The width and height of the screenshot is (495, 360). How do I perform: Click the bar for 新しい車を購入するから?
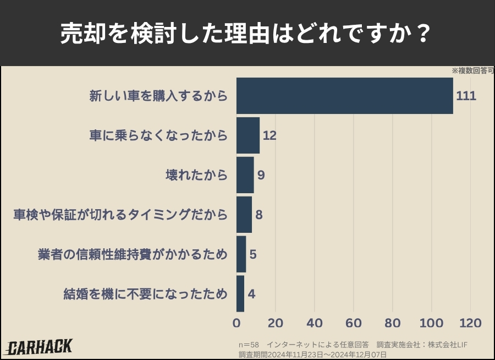[345, 96]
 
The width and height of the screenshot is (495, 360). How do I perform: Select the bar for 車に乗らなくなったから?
[248, 135]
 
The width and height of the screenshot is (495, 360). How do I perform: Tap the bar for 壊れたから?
[245, 175]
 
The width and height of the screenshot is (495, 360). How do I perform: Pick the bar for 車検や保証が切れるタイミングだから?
[244, 215]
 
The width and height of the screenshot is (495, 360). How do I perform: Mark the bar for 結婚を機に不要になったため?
[240, 294]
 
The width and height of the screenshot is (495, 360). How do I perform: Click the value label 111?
[466, 96]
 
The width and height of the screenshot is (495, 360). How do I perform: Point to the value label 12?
[269, 135]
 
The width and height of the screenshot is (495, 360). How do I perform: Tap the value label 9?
[261, 175]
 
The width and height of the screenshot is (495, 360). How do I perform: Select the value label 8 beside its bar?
[259, 215]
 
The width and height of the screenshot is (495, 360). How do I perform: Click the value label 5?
[253, 254]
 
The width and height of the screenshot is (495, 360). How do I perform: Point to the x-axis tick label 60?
[354, 323]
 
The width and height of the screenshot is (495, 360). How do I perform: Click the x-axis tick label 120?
[471, 323]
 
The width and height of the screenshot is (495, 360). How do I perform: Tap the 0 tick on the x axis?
[237, 323]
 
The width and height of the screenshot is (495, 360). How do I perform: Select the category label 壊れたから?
[196, 175]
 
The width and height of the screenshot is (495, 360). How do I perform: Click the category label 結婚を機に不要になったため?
[145, 294]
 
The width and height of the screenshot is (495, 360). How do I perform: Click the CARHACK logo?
[40, 347]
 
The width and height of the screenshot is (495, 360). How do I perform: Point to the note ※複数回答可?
[473, 70]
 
